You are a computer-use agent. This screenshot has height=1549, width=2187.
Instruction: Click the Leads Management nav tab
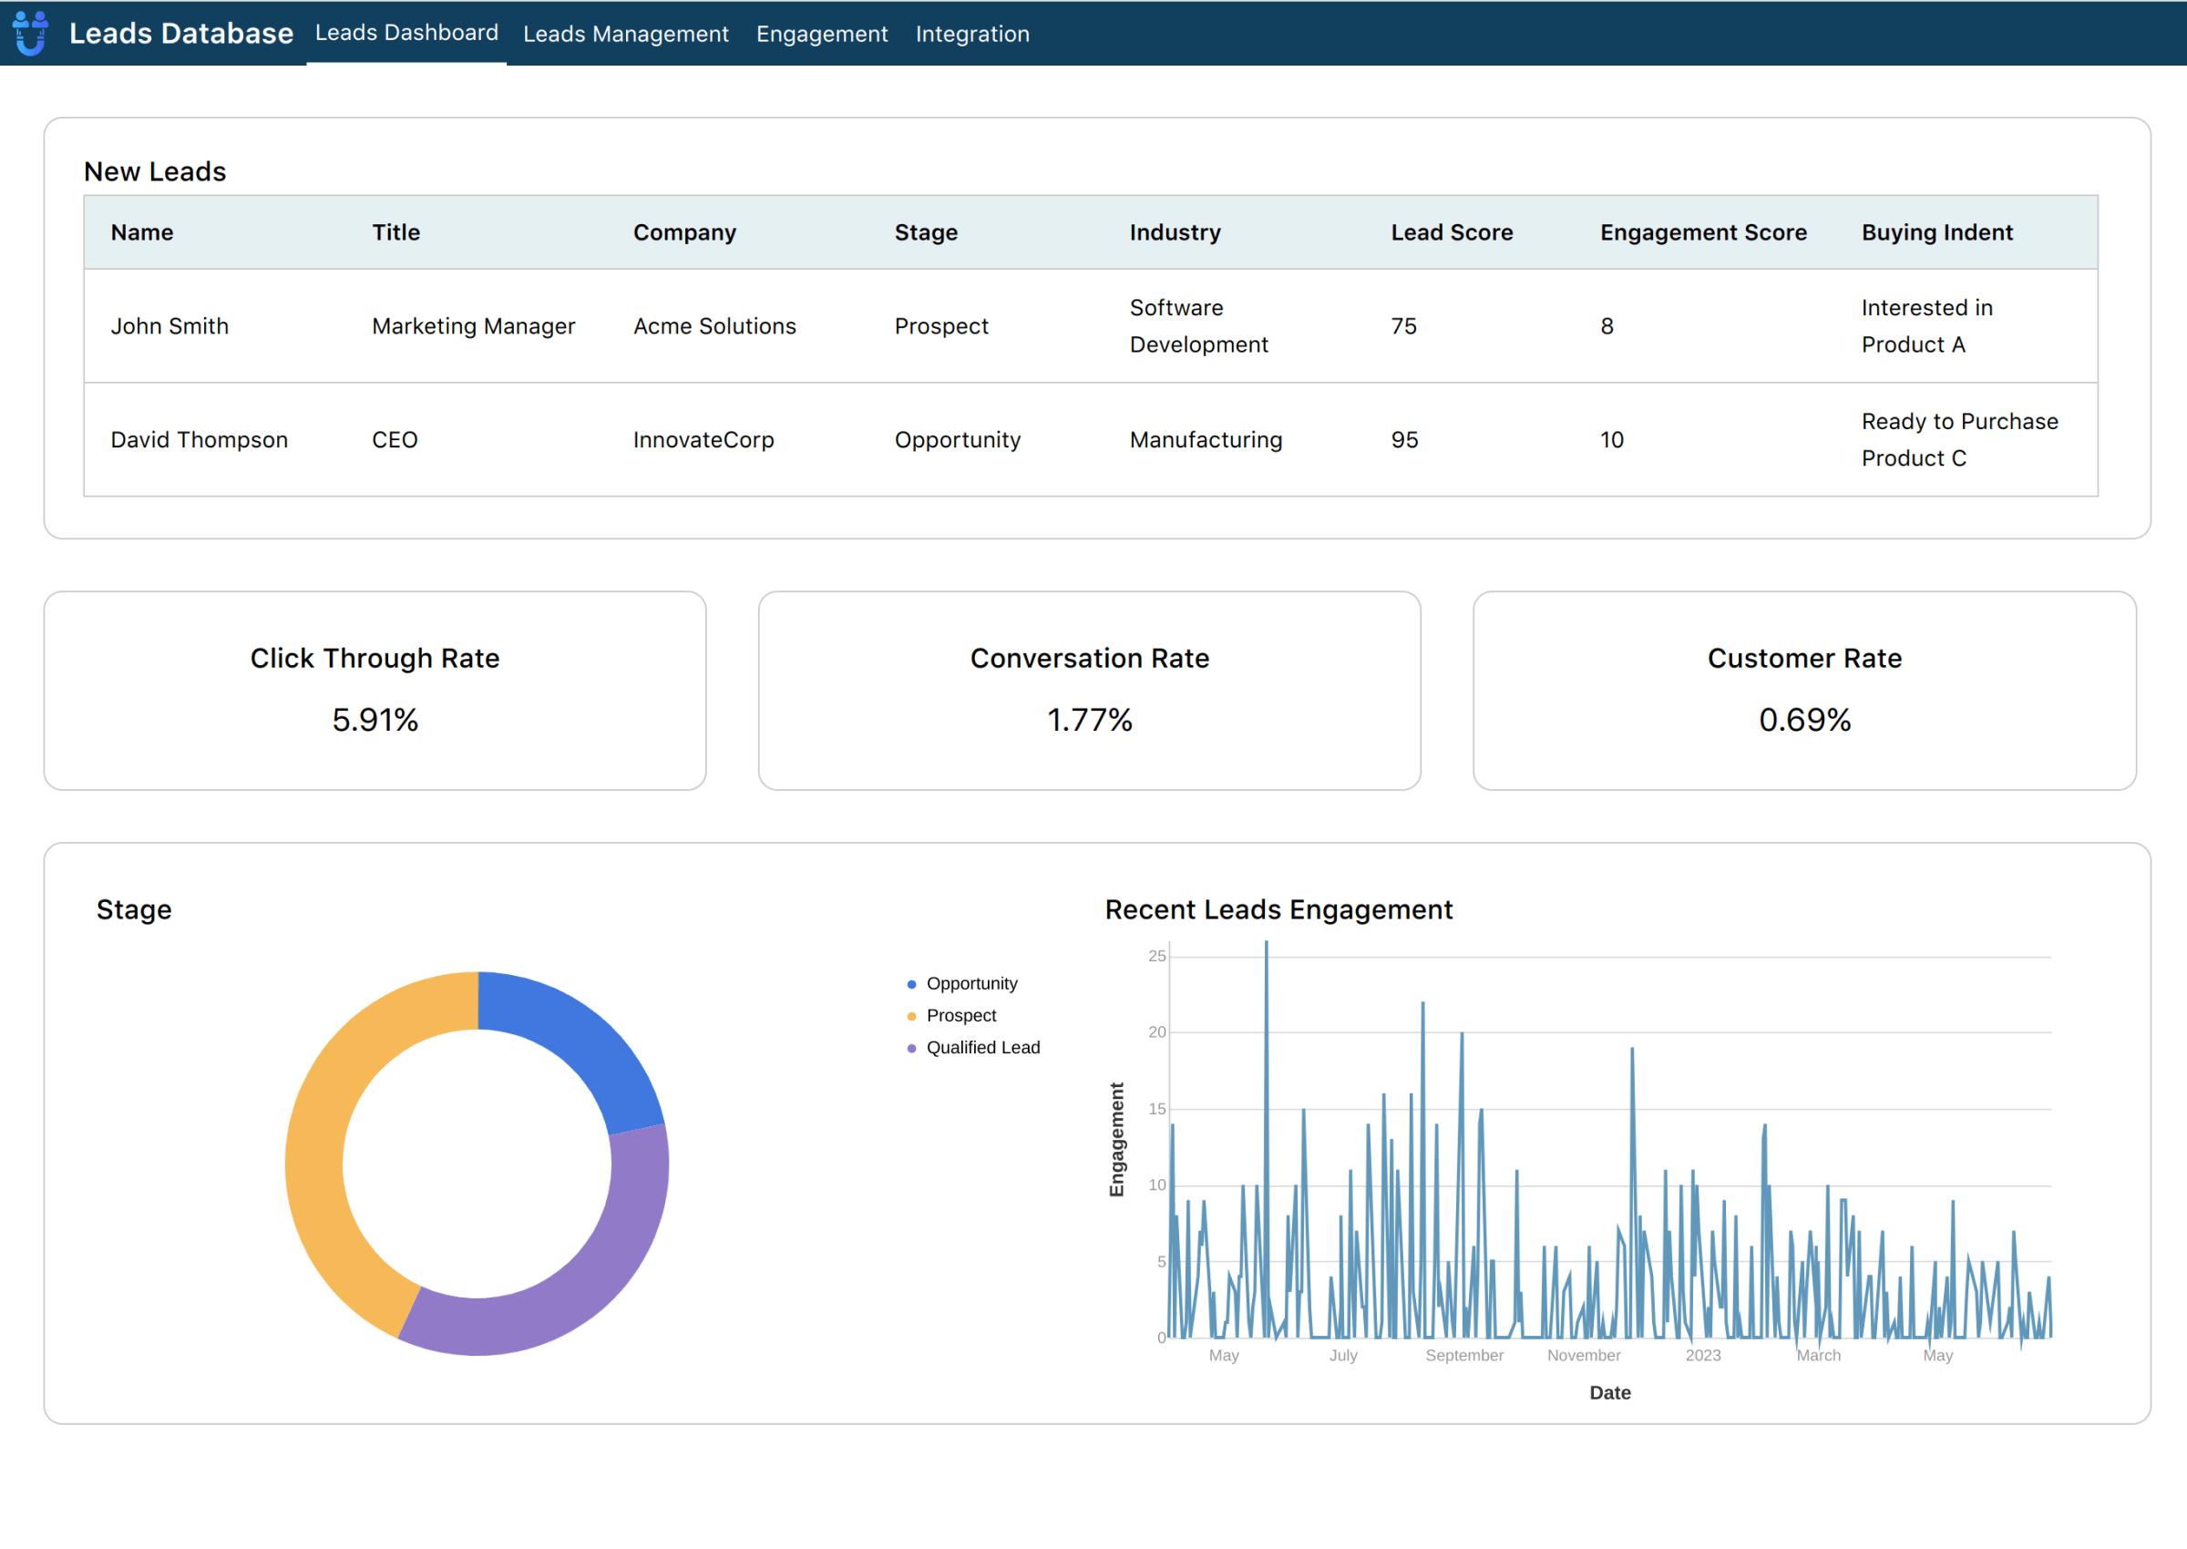(626, 35)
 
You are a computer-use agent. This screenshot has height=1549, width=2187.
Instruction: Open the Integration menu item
(972, 35)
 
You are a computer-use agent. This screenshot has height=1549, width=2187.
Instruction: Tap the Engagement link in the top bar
(821, 35)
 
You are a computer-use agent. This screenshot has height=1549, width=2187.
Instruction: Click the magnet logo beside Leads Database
(30, 33)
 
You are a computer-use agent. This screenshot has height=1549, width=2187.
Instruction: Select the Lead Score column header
(1451, 232)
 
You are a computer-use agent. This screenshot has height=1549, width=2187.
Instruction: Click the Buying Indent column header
(1936, 232)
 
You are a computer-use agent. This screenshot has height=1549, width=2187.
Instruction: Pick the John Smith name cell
(169, 326)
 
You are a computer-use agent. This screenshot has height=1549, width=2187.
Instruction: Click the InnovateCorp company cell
(703, 440)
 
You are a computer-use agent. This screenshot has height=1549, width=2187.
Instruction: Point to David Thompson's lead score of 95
(1404, 440)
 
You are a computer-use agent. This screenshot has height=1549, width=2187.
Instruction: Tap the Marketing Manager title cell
(473, 326)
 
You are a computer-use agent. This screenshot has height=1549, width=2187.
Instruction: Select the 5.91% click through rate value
(375, 720)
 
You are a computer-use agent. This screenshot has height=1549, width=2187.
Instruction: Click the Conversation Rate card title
(1089, 658)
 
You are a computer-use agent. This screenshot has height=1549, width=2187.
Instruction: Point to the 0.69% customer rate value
(1803, 720)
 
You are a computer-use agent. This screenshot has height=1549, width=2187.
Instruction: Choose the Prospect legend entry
(960, 1016)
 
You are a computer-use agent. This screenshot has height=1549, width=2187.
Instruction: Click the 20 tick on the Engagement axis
(1157, 1032)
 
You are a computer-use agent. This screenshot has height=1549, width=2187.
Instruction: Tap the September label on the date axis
(1464, 1356)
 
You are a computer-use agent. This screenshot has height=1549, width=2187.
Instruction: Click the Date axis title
(1610, 1392)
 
